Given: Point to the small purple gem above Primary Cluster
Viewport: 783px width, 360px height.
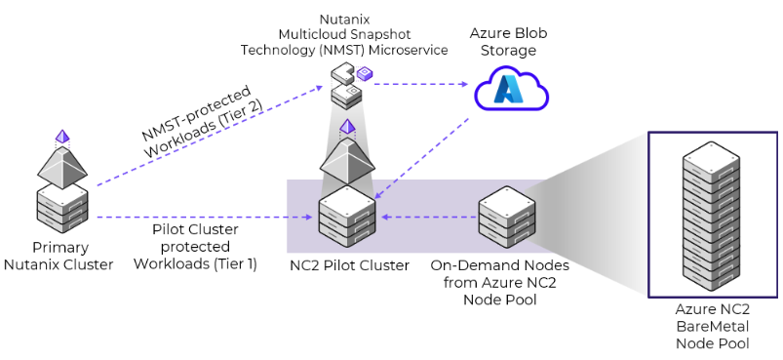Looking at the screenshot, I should pyautogui.click(x=63, y=135).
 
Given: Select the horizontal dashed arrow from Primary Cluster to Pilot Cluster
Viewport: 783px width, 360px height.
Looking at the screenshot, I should pyautogui.click(x=205, y=218).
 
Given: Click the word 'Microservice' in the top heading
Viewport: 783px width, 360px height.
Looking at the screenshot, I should pyautogui.click(x=407, y=49).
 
